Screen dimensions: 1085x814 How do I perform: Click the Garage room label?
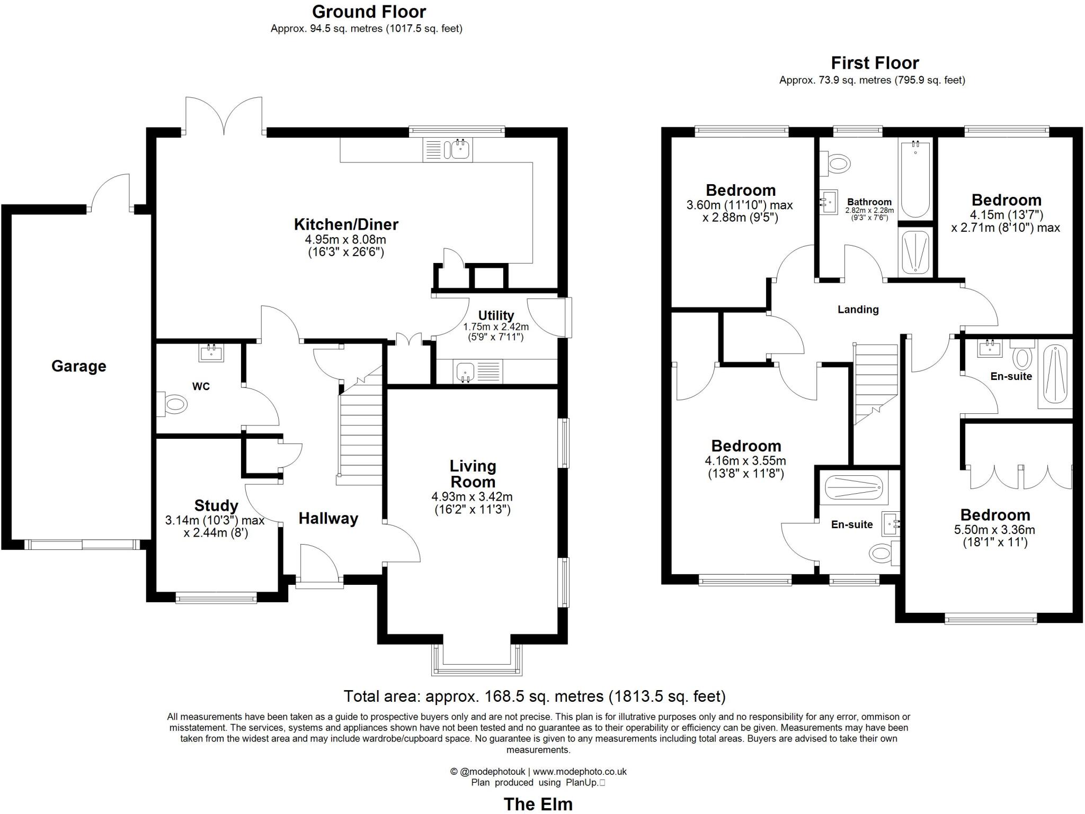coord(78,366)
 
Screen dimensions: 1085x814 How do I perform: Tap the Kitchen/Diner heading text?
coord(346,224)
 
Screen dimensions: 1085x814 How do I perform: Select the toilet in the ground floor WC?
coord(174,405)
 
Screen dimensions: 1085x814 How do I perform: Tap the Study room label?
coord(216,505)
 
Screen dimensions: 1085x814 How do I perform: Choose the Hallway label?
coord(328,518)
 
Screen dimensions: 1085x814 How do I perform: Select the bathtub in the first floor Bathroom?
coord(915,179)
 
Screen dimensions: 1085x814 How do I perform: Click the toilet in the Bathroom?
coord(837,162)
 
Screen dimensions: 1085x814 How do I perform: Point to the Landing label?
coord(858,310)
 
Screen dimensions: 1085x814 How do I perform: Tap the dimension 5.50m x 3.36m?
coord(994,530)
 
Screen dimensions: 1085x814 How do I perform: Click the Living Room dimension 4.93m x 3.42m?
coord(472,497)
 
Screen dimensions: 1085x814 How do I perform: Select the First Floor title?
coord(875,63)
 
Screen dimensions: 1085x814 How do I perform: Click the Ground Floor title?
coord(369,12)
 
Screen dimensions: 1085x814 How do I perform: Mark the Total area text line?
coord(535,696)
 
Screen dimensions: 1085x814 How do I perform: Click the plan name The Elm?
coord(538,804)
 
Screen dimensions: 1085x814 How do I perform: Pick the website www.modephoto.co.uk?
coord(580,772)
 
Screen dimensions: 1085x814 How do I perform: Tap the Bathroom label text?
coord(869,202)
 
